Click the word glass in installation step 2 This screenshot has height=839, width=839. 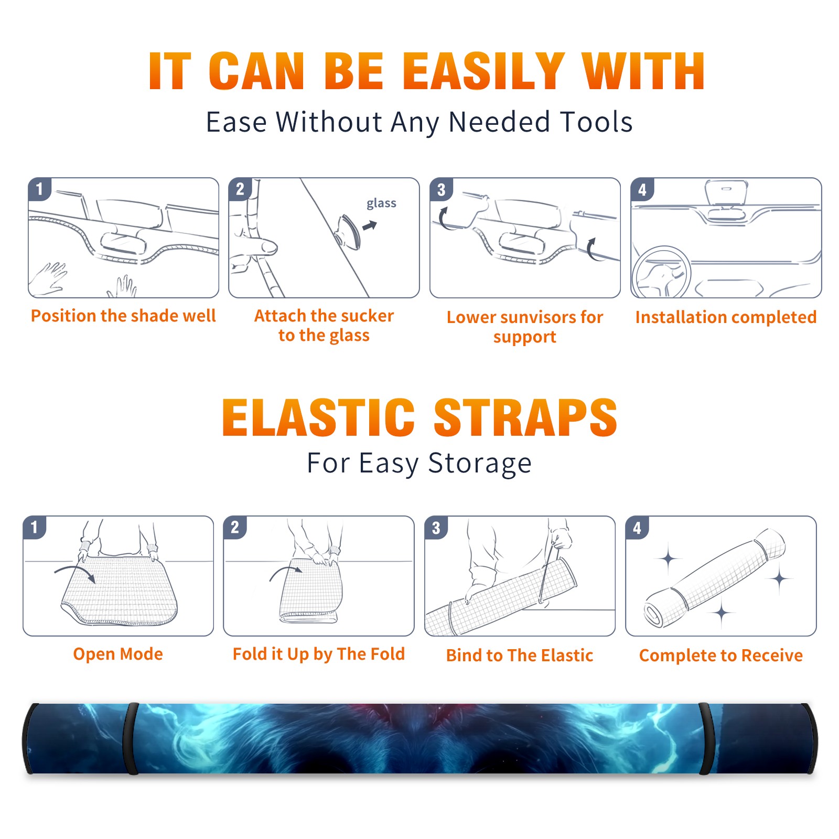click(x=381, y=203)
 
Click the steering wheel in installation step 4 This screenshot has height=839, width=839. click(x=661, y=272)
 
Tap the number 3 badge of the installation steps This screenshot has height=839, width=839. click(x=441, y=190)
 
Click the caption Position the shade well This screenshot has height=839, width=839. click(x=123, y=316)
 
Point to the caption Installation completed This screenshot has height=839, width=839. click(x=726, y=317)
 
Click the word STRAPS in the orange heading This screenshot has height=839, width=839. click(x=525, y=417)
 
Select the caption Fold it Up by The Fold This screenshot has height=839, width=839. click(x=319, y=654)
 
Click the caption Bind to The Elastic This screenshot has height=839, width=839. click(x=520, y=655)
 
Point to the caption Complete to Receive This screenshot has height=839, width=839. click(x=721, y=655)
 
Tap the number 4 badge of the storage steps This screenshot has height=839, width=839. click(x=637, y=528)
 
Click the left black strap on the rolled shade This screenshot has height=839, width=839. click(x=131, y=738)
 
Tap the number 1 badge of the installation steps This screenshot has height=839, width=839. click(x=39, y=189)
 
